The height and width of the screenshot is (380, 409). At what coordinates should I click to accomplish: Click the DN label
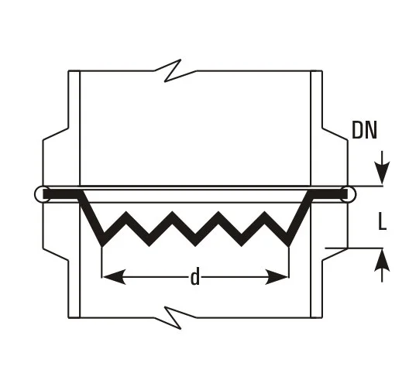click(x=364, y=130)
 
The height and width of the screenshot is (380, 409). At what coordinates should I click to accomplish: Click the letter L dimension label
click(x=382, y=221)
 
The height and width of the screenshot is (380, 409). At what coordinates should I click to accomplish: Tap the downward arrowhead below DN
click(x=382, y=173)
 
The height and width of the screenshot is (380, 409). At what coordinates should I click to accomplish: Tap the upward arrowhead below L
click(x=382, y=260)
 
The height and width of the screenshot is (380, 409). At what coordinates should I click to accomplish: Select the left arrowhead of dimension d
click(x=115, y=277)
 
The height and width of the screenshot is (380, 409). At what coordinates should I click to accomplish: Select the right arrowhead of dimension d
click(x=277, y=277)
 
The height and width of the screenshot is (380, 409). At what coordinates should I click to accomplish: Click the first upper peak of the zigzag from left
click(x=126, y=212)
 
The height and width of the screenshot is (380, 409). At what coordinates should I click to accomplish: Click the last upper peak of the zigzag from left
click(x=265, y=212)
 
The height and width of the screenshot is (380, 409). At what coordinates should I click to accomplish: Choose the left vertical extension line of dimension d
click(x=101, y=262)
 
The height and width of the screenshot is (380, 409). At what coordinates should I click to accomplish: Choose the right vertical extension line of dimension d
click(x=289, y=262)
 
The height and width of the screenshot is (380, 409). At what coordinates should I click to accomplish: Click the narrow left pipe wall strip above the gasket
click(x=74, y=128)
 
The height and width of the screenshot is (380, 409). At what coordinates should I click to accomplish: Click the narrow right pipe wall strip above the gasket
click(x=317, y=128)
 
